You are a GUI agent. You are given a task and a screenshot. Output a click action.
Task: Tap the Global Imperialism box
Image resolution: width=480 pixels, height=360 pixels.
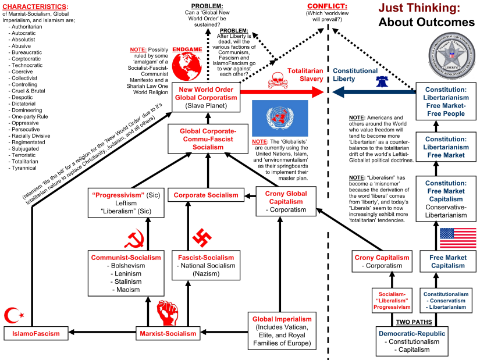280,331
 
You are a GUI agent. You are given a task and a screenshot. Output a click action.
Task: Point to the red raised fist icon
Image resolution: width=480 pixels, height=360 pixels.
169,312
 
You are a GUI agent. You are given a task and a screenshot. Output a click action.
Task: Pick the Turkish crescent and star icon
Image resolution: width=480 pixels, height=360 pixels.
15,316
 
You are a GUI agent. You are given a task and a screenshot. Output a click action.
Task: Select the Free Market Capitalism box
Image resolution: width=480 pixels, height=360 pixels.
447,262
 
